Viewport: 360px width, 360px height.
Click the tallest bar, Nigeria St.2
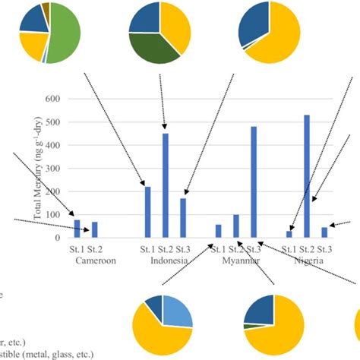click(x=307, y=176)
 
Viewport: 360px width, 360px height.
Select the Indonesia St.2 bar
click(x=166, y=185)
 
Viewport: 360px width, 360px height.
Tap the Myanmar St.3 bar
click(x=254, y=182)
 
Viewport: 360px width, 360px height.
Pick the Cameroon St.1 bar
click(x=77, y=229)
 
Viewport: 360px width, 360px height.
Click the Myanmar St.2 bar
click(x=236, y=226)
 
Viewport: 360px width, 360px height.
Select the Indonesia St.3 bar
click(x=183, y=218)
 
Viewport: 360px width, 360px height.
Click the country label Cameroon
click(x=95, y=260)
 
